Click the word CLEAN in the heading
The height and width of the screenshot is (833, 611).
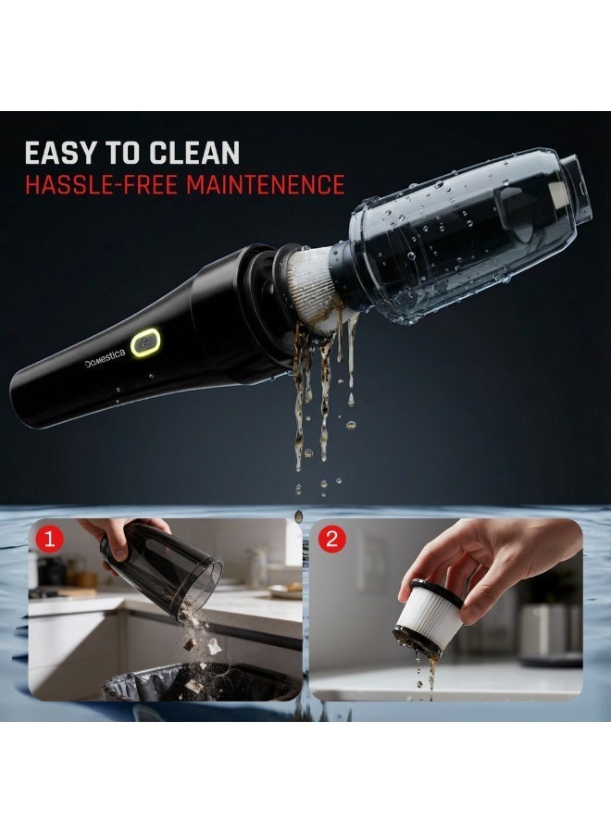coord(194,153)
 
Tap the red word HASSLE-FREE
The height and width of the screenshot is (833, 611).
coord(101,184)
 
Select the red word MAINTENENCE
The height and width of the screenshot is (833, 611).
coord(265,184)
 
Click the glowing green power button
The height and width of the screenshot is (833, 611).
coord(145,342)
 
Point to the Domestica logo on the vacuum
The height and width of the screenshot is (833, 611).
coord(105,358)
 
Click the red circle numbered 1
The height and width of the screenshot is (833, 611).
coord(50,540)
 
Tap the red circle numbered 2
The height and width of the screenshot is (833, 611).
coord(332,540)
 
